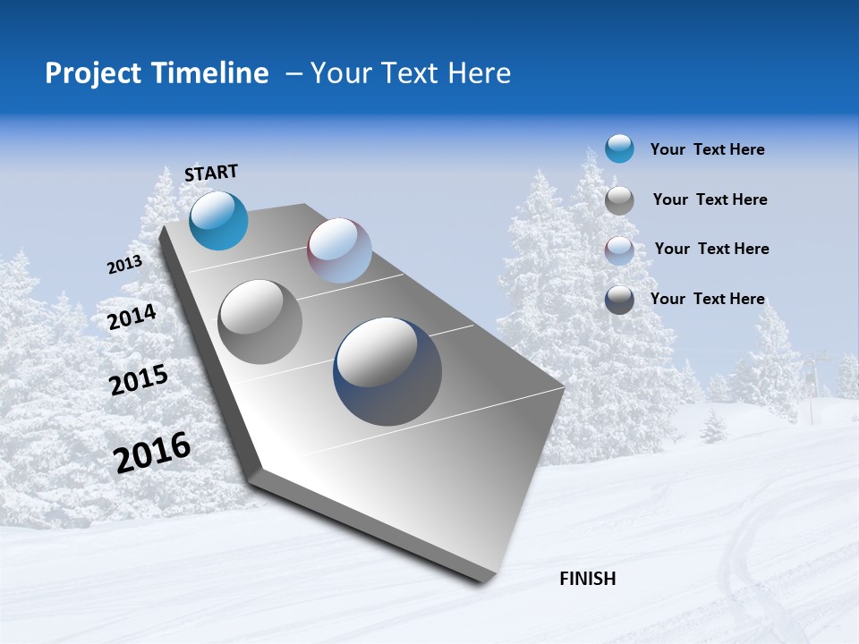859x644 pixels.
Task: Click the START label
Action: [x=211, y=173]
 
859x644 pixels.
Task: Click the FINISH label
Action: [x=587, y=579]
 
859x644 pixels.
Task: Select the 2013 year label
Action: [x=124, y=265]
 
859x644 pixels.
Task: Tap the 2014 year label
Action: [x=132, y=318]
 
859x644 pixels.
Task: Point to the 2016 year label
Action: [x=152, y=453]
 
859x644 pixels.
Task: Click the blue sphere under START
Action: [x=218, y=220]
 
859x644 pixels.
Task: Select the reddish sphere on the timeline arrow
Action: [x=339, y=250]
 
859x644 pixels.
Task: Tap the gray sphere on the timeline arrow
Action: [x=259, y=321]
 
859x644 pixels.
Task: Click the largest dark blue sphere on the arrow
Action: [x=387, y=371]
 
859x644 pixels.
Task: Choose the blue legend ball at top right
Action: [x=619, y=148]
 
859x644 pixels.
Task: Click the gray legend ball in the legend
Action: [x=619, y=199]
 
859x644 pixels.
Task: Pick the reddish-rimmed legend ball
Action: [x=619, y=250]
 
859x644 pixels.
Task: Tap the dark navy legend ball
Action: [x=619, y=299]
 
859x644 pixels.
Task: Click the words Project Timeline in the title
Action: [x=157, y=73]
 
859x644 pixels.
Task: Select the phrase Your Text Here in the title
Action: [x=410, y=73]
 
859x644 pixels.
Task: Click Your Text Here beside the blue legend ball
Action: [x=707, y=149]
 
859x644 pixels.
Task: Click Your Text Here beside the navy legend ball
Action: [x=707, y=299]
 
